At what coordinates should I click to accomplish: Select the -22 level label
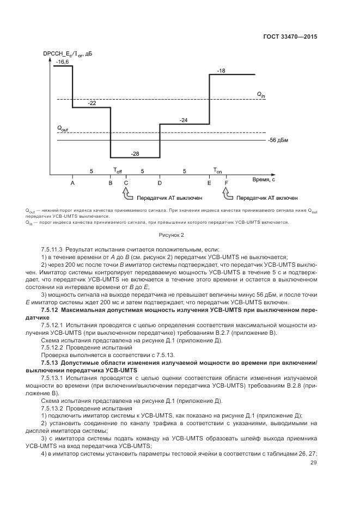(92, 103)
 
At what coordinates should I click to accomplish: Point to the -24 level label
(184, 120)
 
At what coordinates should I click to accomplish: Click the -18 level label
(221, 71)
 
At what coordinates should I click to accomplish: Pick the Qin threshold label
(261, 95)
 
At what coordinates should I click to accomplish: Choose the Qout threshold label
(63, 129)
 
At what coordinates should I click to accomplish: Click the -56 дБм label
(278, 140)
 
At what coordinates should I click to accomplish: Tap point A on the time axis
(72, 183)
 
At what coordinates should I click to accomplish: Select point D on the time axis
(160, 183)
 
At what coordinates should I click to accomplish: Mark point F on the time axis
(227, 183)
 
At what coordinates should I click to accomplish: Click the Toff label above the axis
(118, 171)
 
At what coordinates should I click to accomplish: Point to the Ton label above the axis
(218, 171)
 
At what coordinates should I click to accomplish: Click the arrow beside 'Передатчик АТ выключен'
(127, 194)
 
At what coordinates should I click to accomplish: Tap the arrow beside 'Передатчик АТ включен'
(227, 194)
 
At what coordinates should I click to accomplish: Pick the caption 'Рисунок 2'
(172, 235)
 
